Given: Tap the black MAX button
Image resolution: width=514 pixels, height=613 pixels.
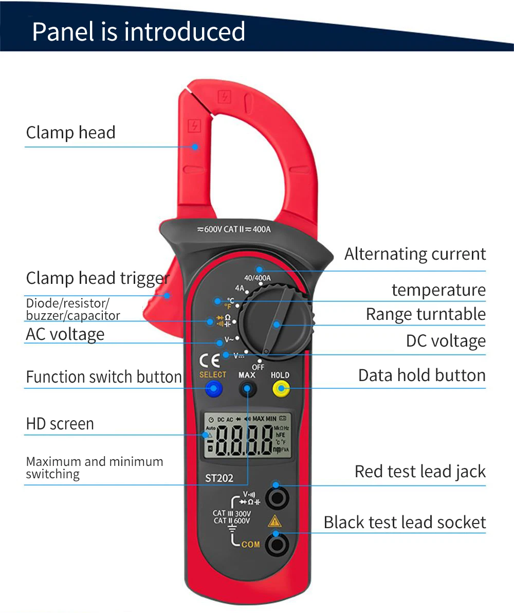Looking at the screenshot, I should (247, 389).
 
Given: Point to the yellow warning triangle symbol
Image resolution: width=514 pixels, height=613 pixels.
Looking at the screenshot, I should (274, 521).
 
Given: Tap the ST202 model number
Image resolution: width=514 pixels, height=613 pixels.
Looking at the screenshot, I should (216, 478).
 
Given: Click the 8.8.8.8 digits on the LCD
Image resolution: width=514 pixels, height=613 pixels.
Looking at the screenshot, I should (244, 441).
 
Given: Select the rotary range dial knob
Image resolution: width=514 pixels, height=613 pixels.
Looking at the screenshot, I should (276, 323).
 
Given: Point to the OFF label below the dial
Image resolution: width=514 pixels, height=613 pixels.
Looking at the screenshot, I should (258, 367).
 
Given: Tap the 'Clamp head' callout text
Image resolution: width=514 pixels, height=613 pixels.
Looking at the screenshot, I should (71, 133).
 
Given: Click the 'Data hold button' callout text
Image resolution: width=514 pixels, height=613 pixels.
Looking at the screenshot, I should (421, 375).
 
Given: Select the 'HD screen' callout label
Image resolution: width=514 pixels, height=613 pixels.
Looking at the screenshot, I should (60, 424).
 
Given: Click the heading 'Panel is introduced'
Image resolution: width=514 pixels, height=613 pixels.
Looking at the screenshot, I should (139, 31).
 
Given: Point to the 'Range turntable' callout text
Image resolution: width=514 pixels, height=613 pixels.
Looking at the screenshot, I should (426, 314).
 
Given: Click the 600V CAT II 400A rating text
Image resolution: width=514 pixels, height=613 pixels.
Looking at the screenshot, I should (234, 229).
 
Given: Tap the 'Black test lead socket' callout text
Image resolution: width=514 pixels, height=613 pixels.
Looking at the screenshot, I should (405, 522).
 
